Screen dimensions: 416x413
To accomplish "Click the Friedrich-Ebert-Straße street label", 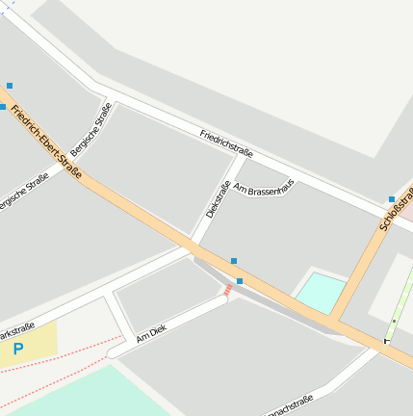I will pyautogui.click(x=46, y=144).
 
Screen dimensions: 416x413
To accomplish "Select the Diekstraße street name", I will pyautogui.click(x=219, y=198).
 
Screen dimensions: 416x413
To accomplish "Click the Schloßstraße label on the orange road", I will pyautogui.click(x=396, y=211).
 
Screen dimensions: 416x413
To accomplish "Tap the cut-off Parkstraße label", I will pyautogui.click(x=16, y=330).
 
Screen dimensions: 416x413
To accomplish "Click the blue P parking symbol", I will pyautogui.click(x=17, y=350).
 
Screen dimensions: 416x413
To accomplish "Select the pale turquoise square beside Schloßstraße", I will pyautogui.click(x=321, y=292).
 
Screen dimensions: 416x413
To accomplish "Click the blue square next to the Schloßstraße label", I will pyautogui.click(x=392, y=199).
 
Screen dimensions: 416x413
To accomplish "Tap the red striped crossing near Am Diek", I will pyautogui.click(x=228, y=289).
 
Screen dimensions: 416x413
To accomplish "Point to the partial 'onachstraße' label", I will pyautogui.click(x=290, y=406).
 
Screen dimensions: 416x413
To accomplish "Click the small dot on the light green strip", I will pyautogui.click(x=394, y=321).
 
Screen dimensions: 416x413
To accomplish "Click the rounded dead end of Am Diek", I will pyautogui.click(x=113, y=352).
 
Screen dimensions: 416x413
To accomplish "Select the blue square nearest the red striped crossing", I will pyautogui.click(x=240, y=280).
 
